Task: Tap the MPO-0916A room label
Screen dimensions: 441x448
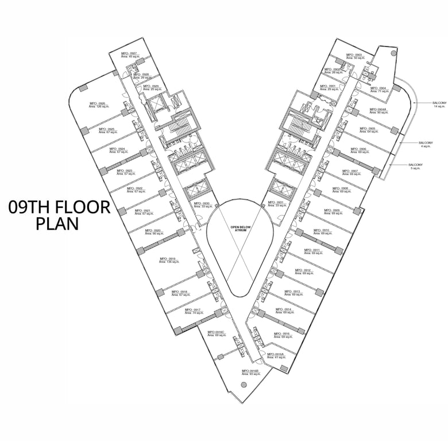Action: [x=275, y=356]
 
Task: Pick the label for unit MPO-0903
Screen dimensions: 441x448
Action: [x=354, y=56]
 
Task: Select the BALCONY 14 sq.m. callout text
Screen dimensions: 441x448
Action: [x=439, y=105]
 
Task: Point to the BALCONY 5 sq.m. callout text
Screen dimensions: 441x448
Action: [x=416, y=167]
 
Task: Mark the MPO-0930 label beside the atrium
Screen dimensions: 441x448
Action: [x=202, y=204]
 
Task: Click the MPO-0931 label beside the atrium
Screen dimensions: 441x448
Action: [x=276, y=204]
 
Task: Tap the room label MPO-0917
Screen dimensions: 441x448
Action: [x=192, y=311]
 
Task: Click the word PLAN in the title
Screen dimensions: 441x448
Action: [x=57, y=223]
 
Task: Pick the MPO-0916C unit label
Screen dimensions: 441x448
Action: [x=215, y=333]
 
